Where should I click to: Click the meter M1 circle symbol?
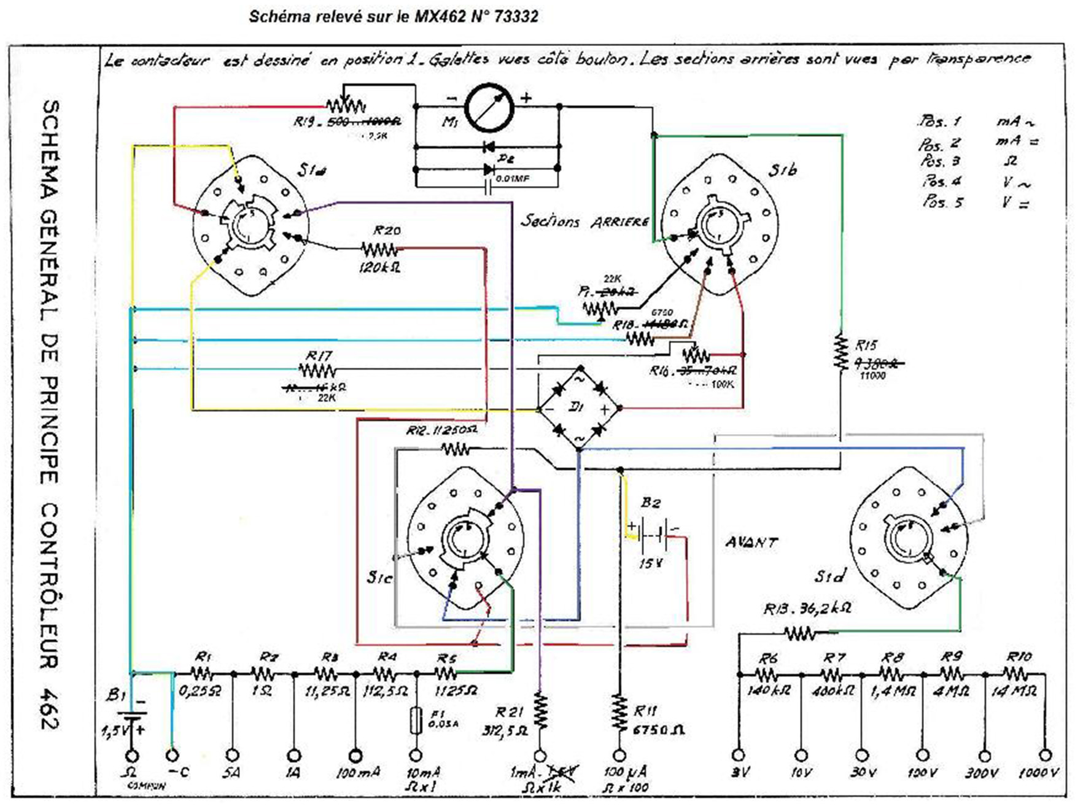click(x=489, y=107)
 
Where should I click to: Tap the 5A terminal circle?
click(x=233, y=754)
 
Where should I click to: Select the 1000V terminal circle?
click(x=1045, y=754)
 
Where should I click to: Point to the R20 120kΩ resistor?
click(x=379, y=249)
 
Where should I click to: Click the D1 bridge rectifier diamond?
click(x=579, y=408)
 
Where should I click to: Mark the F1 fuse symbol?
click(x=416, y=719)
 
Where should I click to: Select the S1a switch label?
click(x=311, y=170)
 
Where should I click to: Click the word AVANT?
click(x=751, y=542)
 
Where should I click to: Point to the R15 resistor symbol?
click(x=840, y=352)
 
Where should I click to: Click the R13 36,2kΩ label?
click(x=807, y=609)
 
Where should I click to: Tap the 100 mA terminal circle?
click(x=355, y=754)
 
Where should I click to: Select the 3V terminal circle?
click(x=739, y=754)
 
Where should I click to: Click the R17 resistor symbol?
click(x=317, y=370)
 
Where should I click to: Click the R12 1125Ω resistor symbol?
click(x=455, y=451)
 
